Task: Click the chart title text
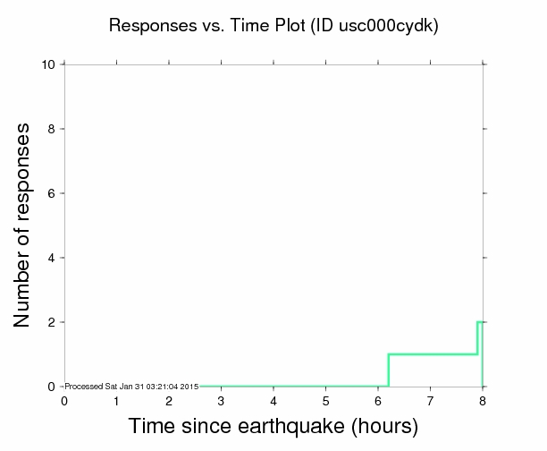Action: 273,26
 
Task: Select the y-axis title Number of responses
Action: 26,224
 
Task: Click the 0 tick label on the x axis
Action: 64,401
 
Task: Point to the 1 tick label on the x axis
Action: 116,401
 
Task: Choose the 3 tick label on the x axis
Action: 221,401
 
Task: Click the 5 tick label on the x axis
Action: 325,401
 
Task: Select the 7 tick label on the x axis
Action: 430,401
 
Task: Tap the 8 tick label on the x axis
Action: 483,401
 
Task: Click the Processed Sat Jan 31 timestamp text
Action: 132,386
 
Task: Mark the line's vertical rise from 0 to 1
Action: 388,370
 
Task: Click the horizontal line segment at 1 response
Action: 433,354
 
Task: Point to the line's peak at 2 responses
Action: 480,322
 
